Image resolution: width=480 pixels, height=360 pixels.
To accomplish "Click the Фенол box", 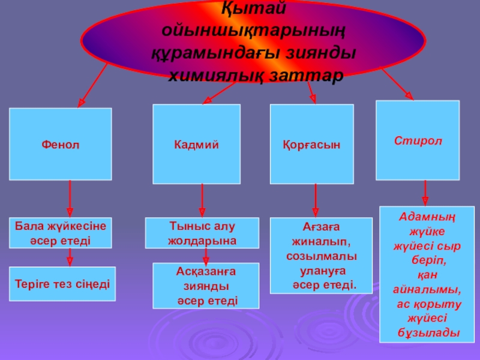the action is click(60, 144).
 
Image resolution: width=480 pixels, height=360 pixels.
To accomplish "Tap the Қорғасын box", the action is click(311, 144).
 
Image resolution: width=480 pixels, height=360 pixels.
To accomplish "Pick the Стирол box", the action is click(418, 140).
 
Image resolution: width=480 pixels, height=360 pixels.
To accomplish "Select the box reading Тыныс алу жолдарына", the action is click(202, 233).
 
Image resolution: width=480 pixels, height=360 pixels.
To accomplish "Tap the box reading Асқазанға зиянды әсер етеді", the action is click(206, 285).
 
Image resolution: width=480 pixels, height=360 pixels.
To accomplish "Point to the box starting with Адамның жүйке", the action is click(427, 275).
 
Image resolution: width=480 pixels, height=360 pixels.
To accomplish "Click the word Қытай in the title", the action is click(254, 8).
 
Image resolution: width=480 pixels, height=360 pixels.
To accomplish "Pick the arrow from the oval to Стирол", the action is click(397, 85).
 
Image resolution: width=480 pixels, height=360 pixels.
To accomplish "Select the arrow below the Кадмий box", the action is click(202, 199).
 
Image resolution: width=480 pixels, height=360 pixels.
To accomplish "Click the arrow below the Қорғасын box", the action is click(316, 200).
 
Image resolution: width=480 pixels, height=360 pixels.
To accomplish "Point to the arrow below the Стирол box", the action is click(425, 193).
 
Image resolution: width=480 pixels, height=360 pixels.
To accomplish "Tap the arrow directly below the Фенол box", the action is click(70, 199).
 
